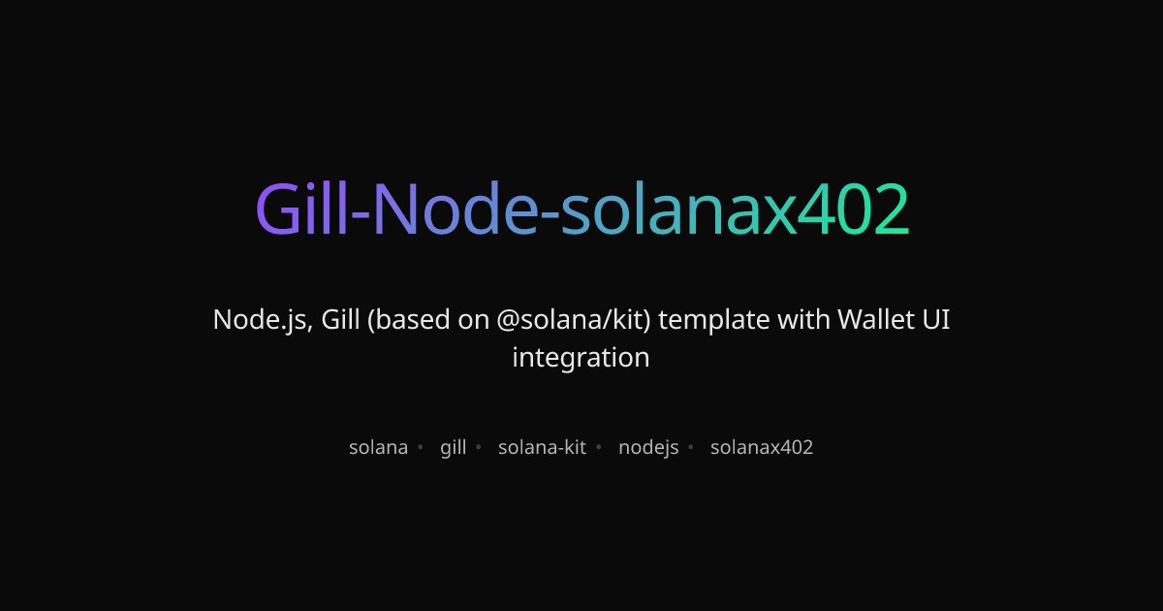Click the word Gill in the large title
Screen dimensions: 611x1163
[x=300, y=209]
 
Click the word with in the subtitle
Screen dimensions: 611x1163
[x=803, y=319]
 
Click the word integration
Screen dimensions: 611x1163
[x=581, y=358]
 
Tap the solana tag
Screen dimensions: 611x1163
[x=378, y=448]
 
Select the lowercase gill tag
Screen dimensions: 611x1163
[x=453, y=448]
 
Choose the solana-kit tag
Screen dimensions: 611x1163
[x=542, y=448]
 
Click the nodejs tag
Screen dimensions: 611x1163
[x=648, y=448]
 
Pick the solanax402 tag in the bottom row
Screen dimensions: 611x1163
[x=762, y=448]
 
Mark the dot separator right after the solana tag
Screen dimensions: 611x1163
[x=420, y=448]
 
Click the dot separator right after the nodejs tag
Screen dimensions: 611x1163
[x=691, y=448]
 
